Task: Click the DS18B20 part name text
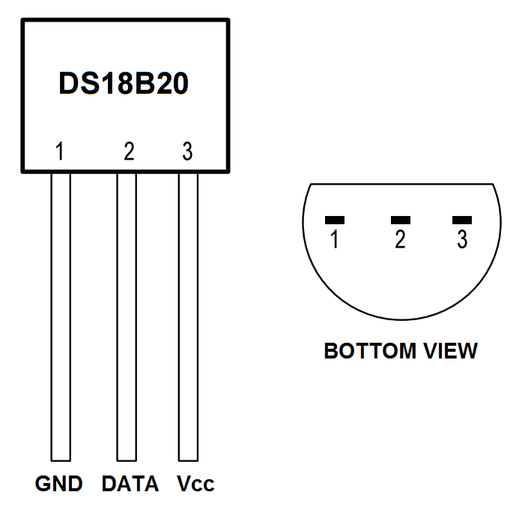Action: pos(124,84)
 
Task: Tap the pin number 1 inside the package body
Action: pos(60,151)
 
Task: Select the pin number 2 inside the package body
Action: pos(129,151)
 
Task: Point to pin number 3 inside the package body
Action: pos(187,151)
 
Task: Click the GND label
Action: pos(58,484)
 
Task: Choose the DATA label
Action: pos(130,484)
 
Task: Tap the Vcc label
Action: pos(195,484)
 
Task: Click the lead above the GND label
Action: pos(60,315)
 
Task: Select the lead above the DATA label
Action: pos(127,315)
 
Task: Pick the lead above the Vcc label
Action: pos(188,315)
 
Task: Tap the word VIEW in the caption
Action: pos(448,351)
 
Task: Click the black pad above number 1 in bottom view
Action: pos(334,220)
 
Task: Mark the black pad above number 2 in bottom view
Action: pos(401,220)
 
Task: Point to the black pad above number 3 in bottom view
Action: pos(462,220)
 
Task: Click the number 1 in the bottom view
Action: pos(334,240)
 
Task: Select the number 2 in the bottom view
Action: pos(401,240)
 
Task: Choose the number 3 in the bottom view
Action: pos(462,240)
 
